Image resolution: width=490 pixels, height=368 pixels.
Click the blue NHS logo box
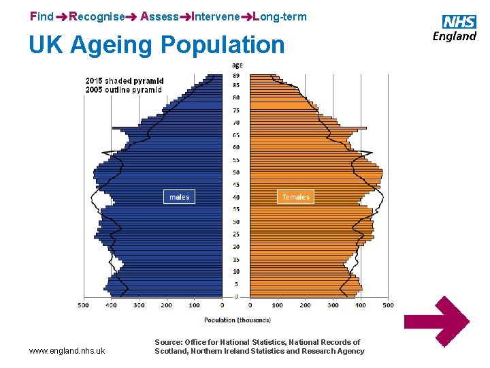459,22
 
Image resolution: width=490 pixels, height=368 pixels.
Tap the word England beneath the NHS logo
454,36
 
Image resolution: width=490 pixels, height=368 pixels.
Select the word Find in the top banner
42,16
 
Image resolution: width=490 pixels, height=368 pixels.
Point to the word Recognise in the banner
97,16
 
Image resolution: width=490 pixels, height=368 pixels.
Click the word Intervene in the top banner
216,16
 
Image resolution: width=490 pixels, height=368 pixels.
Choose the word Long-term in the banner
280,16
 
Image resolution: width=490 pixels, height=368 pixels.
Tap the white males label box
179,197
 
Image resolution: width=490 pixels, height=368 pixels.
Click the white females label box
295,197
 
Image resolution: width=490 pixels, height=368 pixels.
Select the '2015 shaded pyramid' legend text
125,80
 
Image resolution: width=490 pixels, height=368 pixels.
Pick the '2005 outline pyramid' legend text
124,89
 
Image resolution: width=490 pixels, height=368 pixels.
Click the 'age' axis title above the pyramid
237,65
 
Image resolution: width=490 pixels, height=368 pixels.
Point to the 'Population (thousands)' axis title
238,320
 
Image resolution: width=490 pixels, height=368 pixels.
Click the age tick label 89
236,75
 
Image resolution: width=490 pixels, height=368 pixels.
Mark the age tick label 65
236,135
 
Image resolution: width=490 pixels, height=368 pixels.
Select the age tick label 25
236,234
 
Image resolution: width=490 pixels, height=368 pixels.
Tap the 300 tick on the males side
140,305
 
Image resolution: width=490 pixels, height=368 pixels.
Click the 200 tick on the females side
305,305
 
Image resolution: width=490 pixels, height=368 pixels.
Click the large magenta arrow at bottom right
440,322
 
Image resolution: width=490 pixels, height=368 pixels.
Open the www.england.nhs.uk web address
67,351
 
